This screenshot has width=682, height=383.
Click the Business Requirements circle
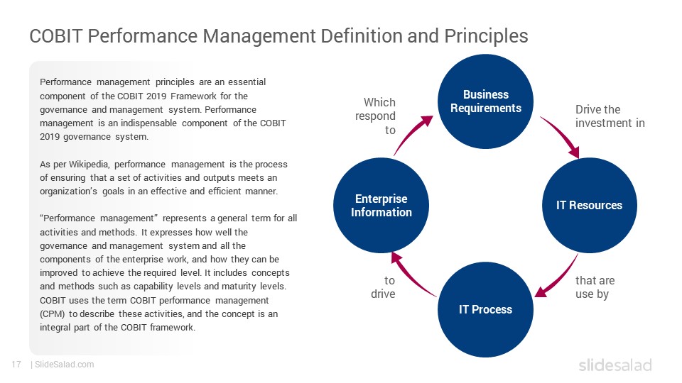[x=485, y=101]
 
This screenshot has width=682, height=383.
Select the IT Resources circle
[x=590, y=205]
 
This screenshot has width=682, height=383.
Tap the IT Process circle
[x=485, y=309]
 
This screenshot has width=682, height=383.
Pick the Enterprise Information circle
[x=381, y=205]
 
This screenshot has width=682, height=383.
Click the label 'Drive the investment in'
[x=610, y=116]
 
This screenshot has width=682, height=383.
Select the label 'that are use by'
[x=595, y=287]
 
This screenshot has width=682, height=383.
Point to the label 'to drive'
[x=383, y=287]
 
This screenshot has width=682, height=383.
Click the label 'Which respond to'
[x=375, y=116]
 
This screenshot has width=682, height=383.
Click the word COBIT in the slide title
[x=55, y=35]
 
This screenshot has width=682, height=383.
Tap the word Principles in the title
[x=486, y=36]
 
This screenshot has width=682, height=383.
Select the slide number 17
[x=16, y=365]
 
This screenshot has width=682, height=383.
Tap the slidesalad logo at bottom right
[x=615, y=365]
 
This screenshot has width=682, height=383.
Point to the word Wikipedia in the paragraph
[x=89, y=164]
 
